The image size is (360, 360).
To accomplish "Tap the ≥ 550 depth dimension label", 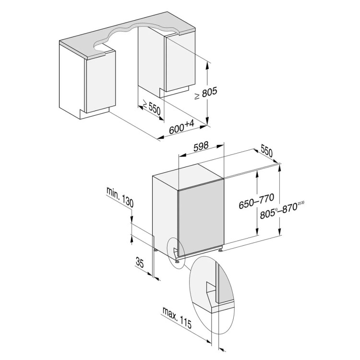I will pos(150,108).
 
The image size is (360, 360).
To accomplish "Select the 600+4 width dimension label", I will pos(181,128).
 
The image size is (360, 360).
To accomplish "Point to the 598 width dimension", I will pos(201,148).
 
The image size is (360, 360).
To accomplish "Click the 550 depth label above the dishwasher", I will pos(266,152).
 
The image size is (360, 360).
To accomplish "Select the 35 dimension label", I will pos(140,262).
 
